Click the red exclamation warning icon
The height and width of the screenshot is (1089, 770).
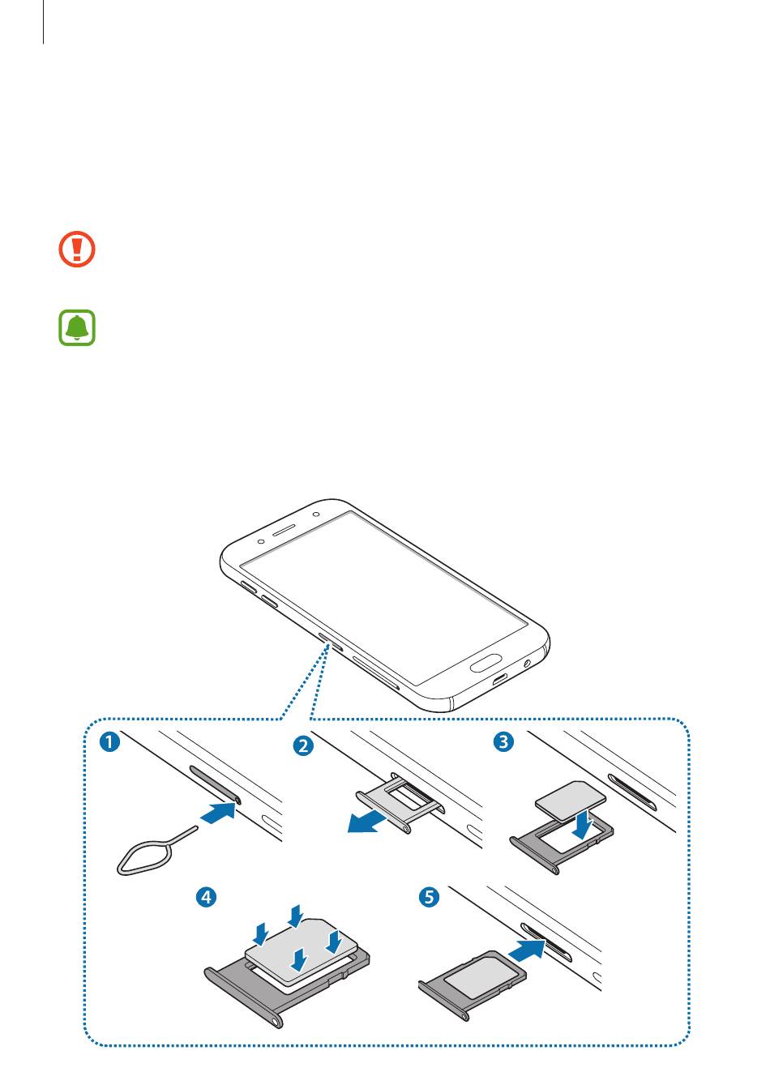click(76, 249)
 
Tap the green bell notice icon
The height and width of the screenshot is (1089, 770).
click(77, 327)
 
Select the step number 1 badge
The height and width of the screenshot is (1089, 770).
click(109, 742)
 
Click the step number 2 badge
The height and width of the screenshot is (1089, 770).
click(303, 745)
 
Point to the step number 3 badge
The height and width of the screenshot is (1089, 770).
click(503, 741)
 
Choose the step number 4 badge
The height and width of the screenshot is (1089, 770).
click(206, 896)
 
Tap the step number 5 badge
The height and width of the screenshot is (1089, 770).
click(429, 896)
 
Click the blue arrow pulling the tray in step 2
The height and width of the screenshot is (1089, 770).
click(367, 821)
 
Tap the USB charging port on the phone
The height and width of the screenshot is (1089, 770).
click(501, 679)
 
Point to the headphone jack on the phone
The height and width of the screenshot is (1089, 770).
click(527, 663)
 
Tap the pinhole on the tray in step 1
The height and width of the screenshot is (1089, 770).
click(237, 798)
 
